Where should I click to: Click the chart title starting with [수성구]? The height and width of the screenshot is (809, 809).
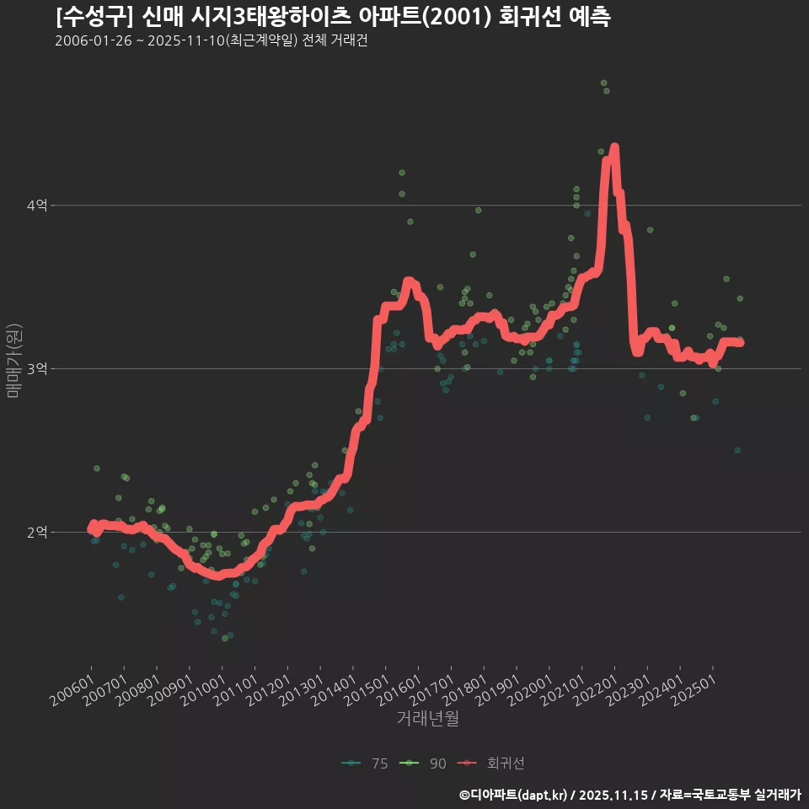(x=333, y=17)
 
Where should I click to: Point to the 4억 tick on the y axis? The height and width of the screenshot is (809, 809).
(x=36, y=206)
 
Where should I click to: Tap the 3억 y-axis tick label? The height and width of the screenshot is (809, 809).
(x=36, y=369)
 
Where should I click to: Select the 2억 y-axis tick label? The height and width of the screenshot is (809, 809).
(x=36, y=533)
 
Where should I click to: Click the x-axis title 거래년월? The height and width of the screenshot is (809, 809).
(x=427, y=719)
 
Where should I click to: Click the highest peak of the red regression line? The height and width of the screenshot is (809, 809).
(x=614, y=148)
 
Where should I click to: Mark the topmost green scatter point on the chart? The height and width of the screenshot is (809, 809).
(x=603, y=83)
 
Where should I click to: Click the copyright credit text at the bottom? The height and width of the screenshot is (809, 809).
(x=630, y=795)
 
